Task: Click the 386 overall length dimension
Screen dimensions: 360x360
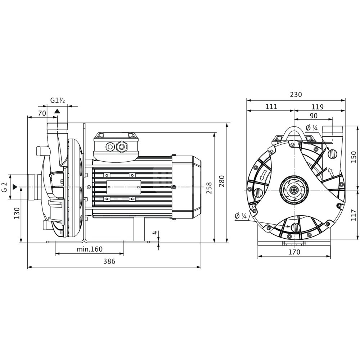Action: point(109,261)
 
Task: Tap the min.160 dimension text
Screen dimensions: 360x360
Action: point(90,249)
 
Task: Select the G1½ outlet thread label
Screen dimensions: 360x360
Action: point(58,100)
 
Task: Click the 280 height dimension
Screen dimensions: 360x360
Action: point(221,181)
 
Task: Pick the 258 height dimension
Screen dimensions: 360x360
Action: point(209,188)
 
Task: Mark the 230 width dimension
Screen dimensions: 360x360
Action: point(296,94)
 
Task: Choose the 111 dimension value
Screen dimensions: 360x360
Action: point(271,107)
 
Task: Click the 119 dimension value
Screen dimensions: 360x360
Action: point(318,107)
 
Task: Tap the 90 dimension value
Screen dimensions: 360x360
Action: point(314,116)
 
